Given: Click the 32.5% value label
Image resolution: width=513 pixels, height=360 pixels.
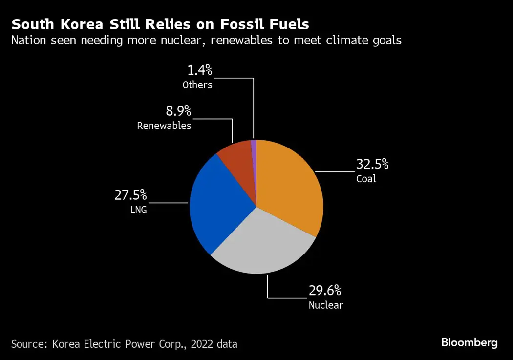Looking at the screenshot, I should (372, 164).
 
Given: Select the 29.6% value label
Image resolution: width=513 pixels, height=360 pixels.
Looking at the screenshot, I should (324, 291).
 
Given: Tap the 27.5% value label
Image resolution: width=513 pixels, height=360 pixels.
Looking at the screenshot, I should (130, 195).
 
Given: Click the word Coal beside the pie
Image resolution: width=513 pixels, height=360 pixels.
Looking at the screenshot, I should (366, 179).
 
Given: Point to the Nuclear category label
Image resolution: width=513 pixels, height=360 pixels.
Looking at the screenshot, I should (325, 305).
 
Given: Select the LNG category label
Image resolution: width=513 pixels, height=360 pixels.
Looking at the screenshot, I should (138, 211).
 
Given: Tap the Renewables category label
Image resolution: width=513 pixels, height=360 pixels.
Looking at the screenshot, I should (164, 126).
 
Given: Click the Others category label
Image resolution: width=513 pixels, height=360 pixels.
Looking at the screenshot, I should (197, 85).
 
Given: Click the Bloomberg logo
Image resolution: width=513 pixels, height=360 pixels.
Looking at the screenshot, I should (469, 342).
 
